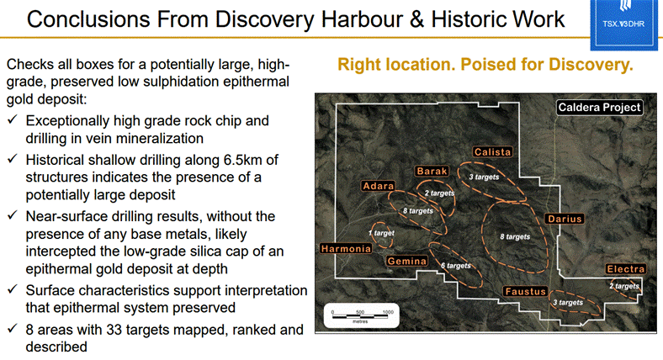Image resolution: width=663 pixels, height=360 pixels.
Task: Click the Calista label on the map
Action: [x=492, y=151]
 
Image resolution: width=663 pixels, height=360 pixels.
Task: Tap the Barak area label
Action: [x=432, y=171]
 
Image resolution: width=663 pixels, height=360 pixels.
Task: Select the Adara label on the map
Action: [x=379, y=186]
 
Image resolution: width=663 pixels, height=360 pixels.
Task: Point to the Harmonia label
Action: [x=346, y=249]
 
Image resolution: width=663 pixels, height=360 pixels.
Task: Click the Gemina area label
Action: [x=406, y=261]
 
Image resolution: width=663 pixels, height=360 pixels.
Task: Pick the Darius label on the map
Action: [x=565, y=219]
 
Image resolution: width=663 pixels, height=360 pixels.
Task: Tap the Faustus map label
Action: [x=526, y=291]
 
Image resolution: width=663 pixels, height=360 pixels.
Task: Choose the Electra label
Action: [x=625, y=268]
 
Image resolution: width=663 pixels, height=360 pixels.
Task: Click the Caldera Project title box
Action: [x=600, y=108]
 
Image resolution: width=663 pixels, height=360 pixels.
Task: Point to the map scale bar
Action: [x=361, y=315]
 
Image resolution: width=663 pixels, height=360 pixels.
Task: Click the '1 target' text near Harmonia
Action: [x=381, y=233]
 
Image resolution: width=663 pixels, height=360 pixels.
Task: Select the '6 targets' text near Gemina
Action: [x=456, y=265]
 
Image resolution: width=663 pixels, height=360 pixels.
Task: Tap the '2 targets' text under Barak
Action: [x=440, y=193]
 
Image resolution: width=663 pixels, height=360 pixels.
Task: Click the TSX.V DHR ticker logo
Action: [x=623, y=24]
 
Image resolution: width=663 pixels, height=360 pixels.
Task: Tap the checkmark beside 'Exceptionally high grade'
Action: [x=13, y=119]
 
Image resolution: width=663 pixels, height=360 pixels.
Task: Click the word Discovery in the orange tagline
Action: [x=592, y=64]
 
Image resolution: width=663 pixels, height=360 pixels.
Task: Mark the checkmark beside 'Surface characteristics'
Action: [x=13, y=289]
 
